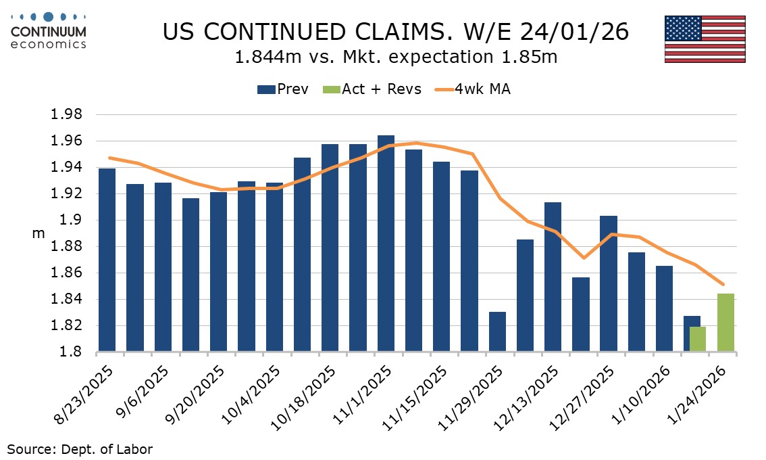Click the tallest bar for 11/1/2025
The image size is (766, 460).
pos(386,244)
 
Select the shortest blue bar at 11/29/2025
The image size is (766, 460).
pos(497,331)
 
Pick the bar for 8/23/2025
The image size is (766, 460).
pos(107,260)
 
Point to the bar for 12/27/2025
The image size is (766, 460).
pos(608,284)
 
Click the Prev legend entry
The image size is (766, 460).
pos(284,89)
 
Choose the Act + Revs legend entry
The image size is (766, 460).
pos(373,89)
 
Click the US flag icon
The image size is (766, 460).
pos(705,39)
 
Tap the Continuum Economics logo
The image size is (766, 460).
pos(48,30)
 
